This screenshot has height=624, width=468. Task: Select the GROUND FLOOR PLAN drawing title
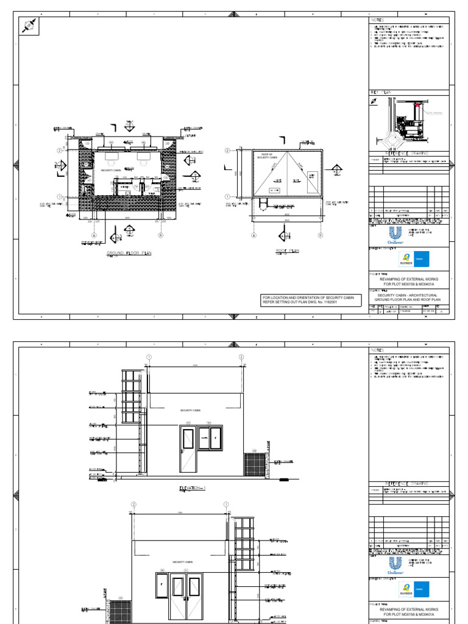coord(129,253)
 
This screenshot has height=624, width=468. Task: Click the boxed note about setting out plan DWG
coord(311,299)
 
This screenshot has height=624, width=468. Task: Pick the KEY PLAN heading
coord(380,93)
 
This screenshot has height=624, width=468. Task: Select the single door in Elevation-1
coord(188,450)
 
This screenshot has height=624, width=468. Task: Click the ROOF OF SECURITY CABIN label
coord(267,157)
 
